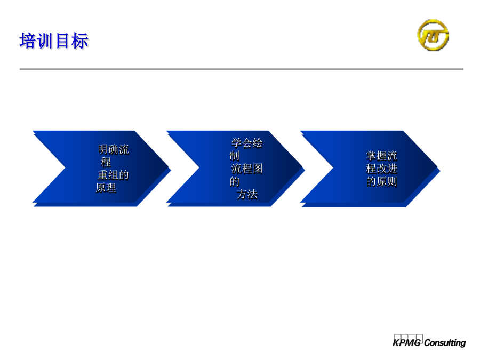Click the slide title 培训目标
click(54, 41)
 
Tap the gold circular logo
click(433, 35)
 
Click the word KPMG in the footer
click(407, 342)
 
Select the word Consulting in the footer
click(445, 342)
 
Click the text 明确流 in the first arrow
click(113, 149)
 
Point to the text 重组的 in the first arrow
click(113, 175)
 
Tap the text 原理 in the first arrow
click(106, 188)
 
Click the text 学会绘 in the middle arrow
click(247, 143)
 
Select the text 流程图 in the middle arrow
click(247, 169)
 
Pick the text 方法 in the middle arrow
click(247, 194)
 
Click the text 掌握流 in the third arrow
click(381, 156)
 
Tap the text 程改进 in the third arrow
click(381, 169)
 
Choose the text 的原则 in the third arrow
click(381, 181)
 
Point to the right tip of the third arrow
click(439, 169)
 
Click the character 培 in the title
click(28, 41)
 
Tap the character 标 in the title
click(80, 41)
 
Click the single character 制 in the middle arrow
click(235, 156)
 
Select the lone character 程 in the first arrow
click(106, 162)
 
